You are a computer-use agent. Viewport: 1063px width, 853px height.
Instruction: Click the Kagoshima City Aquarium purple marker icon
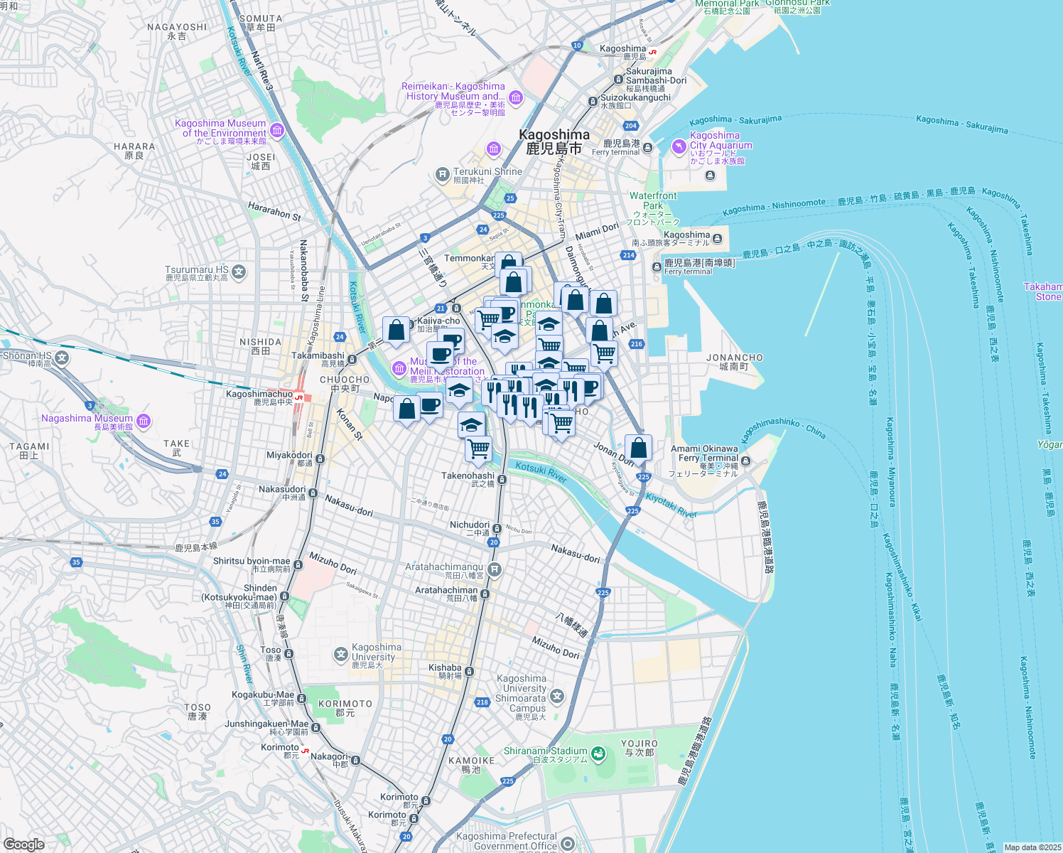pyautogui.click(x=679, y=146)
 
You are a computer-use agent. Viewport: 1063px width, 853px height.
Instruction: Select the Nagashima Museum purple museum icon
pyautogui.click(x=144, y=422)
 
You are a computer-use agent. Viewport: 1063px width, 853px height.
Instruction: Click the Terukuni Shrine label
pyautogui.click(x=487, y=172)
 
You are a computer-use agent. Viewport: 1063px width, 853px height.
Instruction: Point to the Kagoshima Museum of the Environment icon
pyautogui.click(x=277, y=130)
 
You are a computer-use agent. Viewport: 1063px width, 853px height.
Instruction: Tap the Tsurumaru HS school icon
pyautogui.click(x=239, y=272)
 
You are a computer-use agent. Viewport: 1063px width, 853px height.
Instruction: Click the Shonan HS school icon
pyautogui.click(x=63, y=358)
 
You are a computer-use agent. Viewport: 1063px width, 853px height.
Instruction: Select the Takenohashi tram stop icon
pyautogui.click(x=502, y=480)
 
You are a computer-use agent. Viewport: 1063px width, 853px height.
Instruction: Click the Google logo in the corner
pyautogui.click(x=23, y=844)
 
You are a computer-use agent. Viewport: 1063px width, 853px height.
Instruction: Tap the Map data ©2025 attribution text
pyautogui.click(x=1032, y=847)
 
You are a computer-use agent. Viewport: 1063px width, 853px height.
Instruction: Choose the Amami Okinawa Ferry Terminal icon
pyautogui.click(x=745, y=461)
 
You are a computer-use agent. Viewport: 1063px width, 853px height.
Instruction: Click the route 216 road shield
pyautogui.click(x=636, y=344)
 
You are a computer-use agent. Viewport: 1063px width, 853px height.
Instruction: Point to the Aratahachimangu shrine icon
pyautogui.click(x=495, y=569)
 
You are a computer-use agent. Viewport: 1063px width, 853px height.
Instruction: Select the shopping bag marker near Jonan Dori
pyautogui.click(x=638, y=449)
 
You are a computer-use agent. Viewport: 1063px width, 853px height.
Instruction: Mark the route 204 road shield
pyautogui.click(x=630, y=126)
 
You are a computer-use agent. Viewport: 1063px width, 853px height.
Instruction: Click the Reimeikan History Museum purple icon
pyautogui.click(x=516, y=97)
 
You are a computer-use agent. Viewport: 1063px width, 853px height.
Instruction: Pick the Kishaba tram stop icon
pyautogui.click(x=469, y=671)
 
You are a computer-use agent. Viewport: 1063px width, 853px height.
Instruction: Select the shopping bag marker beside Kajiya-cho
pyautogui.click(x=396, y=331)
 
